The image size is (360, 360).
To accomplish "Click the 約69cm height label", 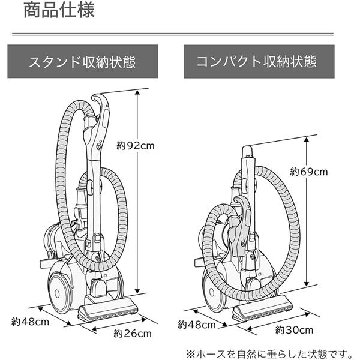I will [x=308, y=172].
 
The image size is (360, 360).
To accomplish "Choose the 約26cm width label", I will [x=133, y=334].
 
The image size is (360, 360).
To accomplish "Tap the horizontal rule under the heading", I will [x=180, y=34].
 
